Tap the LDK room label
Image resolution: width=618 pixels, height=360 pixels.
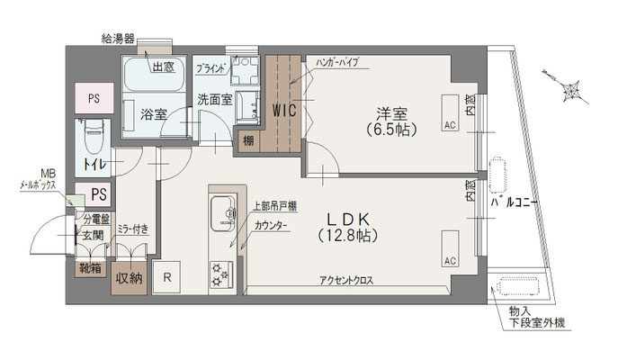(x=345, y=219)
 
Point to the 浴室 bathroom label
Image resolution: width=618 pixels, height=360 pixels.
(x=154, y=113)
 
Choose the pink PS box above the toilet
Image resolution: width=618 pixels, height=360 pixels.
(x=94, y=97)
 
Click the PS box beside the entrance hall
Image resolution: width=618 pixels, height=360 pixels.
(x=99, y=193)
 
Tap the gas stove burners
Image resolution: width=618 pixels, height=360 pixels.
(x=219, y=271)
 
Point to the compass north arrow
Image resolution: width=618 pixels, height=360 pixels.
(x=568, y=89)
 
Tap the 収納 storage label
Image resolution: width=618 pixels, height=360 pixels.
(x=130, y=279)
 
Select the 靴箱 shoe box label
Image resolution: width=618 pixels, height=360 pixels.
(x=89, y=266)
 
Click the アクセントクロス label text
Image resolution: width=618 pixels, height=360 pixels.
(x=346, y=281)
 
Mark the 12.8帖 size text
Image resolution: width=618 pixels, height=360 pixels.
(x=345, y=236)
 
